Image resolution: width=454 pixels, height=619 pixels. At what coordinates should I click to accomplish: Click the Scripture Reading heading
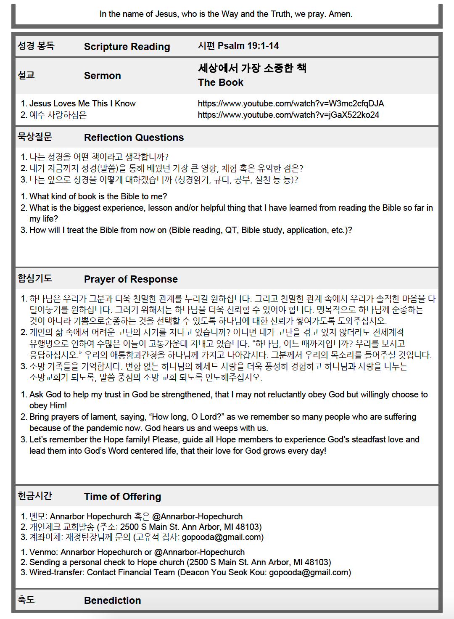coord(127,47)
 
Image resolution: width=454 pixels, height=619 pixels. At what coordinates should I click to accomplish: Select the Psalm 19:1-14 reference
coord(238,46)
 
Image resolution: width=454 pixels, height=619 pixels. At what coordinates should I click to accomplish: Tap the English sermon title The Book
coord(220,82)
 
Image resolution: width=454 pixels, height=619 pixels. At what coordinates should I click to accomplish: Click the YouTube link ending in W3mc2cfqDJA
coord(290,103)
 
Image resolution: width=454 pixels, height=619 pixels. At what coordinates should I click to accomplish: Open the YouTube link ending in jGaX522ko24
coord(288,115)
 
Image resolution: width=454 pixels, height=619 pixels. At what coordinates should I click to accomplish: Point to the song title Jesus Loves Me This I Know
coord(82,103)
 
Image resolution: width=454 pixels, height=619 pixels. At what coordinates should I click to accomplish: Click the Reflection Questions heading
coord(134,138)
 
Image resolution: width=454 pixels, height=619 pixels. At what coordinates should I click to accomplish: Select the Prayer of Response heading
coord(131,279)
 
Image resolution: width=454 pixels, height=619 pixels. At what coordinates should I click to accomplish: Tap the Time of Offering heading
coord(122,497)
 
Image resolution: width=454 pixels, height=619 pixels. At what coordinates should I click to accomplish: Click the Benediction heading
coord(112,600)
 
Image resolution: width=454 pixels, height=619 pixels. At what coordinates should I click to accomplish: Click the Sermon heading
coord(102,76)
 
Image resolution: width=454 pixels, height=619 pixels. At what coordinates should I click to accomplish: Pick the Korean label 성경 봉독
coord(36,46)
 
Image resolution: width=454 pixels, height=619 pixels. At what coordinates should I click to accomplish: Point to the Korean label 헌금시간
coord(35,496)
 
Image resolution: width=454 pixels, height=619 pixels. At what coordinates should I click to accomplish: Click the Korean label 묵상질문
coord(35,137)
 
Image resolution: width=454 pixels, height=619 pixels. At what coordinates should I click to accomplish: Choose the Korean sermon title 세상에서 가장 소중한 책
coord(252,68)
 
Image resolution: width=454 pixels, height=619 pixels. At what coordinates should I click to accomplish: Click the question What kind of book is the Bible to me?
coord(98,196)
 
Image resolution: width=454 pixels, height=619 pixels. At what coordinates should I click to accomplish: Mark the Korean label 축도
coord(26,600)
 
